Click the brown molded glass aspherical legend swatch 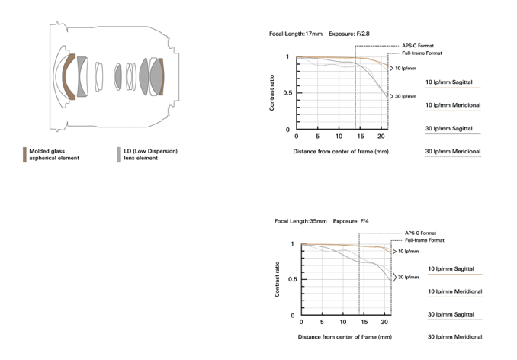click(x=24, y=155)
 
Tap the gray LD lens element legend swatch click(x=119, y=155)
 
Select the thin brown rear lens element click(x=161, y=76)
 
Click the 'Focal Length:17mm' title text click(x=296, y=34)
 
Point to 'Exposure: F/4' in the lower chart click(x=351, y=221)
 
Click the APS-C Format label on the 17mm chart click(x=418, y=46)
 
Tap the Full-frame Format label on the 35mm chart click(x=424, y=240)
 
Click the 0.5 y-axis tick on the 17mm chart click(x=287, y=92)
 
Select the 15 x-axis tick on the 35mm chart click(x=364, y=322)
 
